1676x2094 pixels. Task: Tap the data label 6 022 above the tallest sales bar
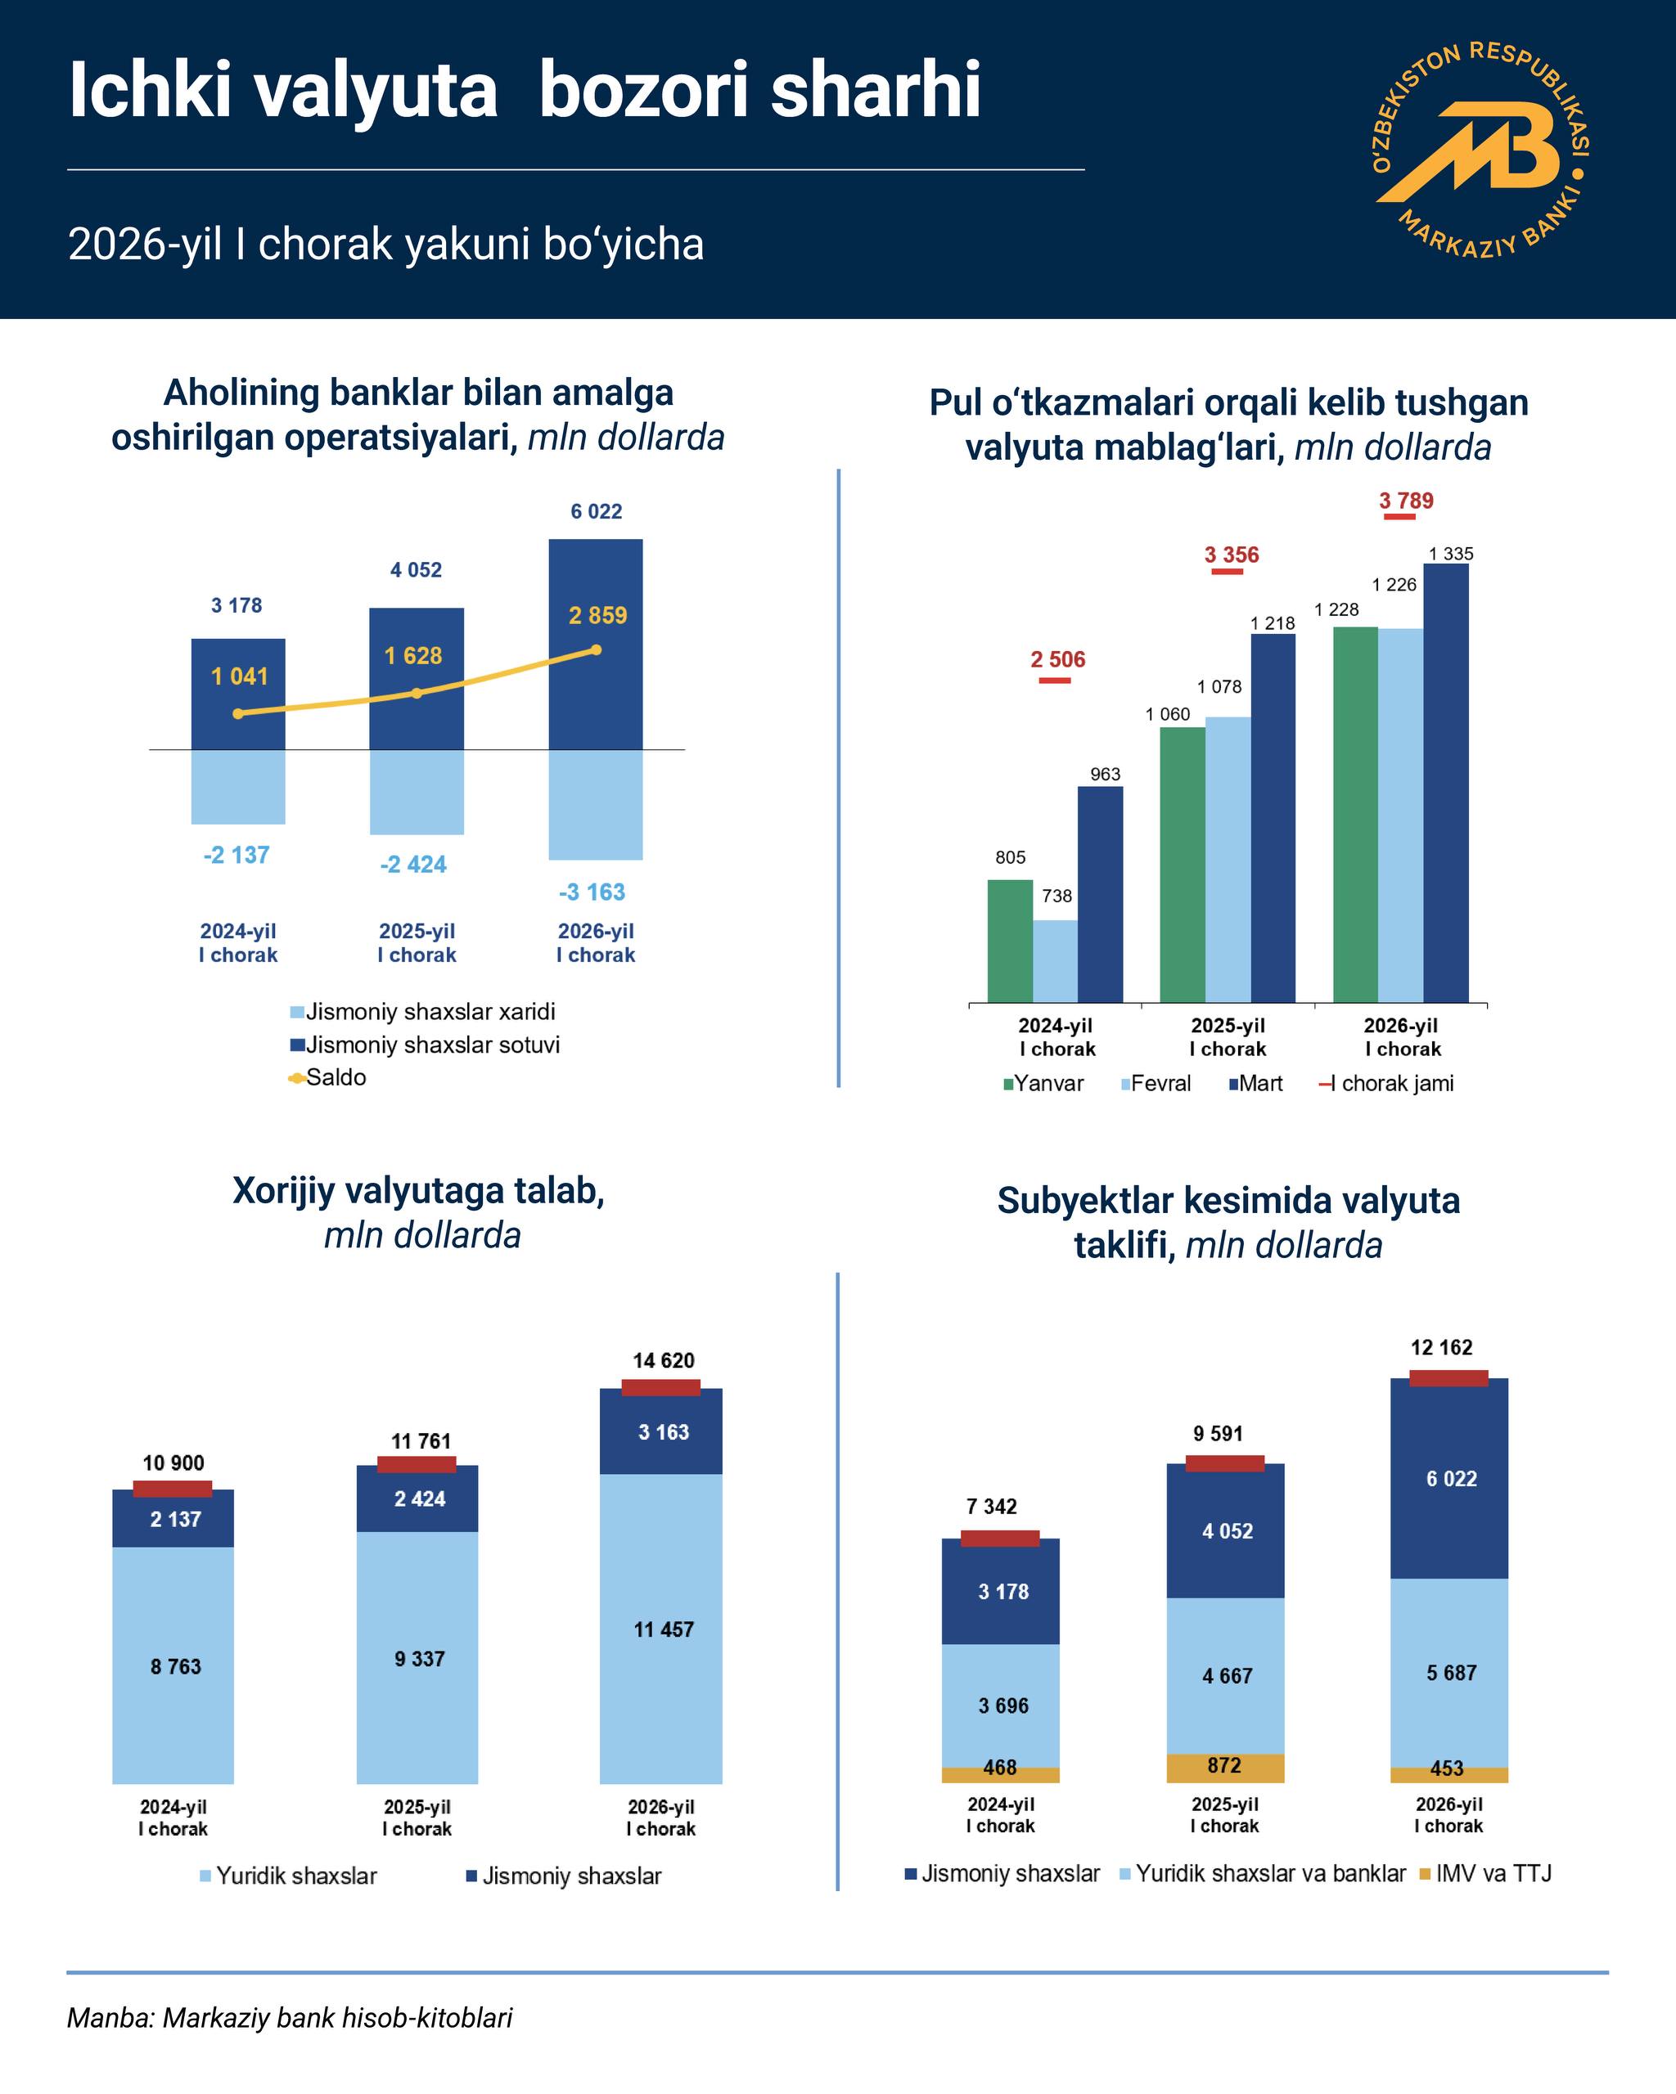point(596,512)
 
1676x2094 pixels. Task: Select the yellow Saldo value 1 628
point(413,657)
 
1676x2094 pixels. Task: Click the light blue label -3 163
point(592,892)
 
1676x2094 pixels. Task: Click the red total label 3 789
point(1406,501)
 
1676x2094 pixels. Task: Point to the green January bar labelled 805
point(1010,940)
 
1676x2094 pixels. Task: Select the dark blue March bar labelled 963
point(1100,893)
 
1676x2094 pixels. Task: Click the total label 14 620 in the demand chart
point(664,1361)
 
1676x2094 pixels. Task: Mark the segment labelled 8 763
point(174,1668)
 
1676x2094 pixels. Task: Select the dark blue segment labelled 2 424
point(419,1499)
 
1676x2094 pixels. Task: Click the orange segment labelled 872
point(1224,1768)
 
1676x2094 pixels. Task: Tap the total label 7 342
point(991,1507)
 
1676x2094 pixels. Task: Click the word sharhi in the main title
point(876,90)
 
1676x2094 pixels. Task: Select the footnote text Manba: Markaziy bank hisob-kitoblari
point(290,2018)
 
